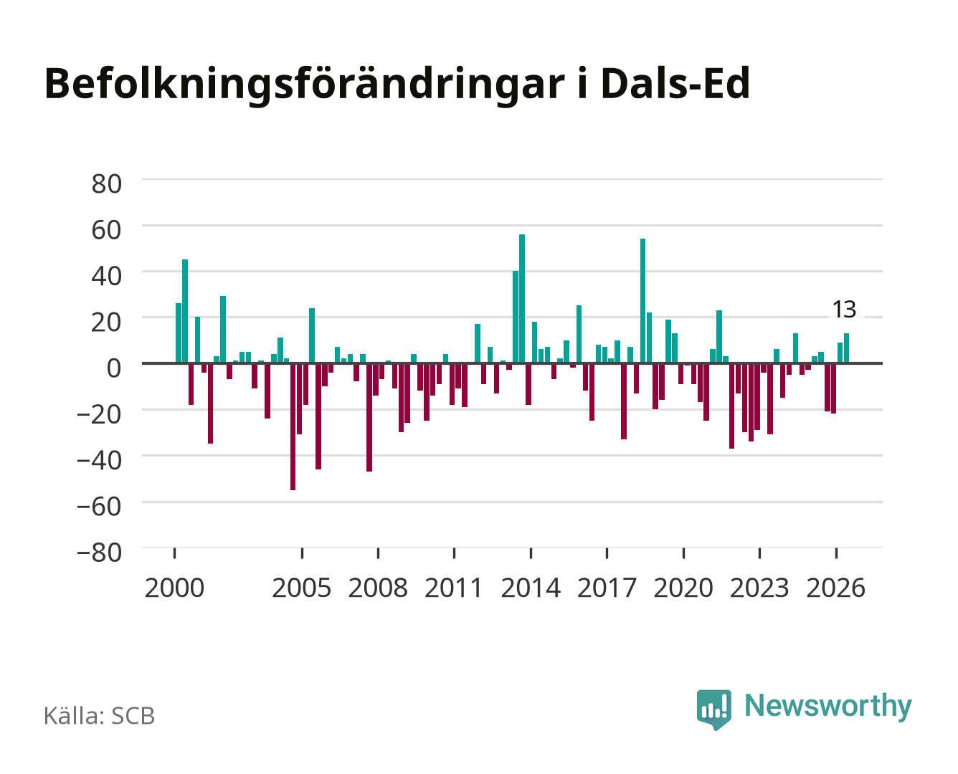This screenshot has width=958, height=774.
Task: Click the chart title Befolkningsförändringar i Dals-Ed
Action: tap(397, 84)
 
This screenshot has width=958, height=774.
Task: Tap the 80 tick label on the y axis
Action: tap(107, 184)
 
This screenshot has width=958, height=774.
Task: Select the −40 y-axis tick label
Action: tap(100, 460)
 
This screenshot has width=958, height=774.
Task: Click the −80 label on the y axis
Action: tap(100, 553)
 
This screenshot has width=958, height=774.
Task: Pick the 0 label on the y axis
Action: tap(114, 368)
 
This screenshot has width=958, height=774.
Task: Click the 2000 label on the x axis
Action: tap(174, 588)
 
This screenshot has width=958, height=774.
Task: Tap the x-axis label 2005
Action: tap(302, 588)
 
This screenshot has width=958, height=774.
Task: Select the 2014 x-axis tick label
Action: tap(531, 588)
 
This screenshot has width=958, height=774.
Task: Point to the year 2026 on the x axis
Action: tap(835, 588)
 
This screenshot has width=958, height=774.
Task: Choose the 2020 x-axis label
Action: tap(683, 588)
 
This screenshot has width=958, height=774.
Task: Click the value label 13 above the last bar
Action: tap(844, 309)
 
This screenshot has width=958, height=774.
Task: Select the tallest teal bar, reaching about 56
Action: tap(522, 298)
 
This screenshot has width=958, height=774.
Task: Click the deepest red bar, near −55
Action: tap(293, 426)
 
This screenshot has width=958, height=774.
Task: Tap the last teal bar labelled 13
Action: tap(846, 348)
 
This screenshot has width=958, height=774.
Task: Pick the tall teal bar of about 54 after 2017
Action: tap(642, 301)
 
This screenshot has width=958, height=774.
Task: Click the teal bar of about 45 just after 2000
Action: tap(185, 311)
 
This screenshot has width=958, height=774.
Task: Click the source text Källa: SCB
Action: tap(100, 715)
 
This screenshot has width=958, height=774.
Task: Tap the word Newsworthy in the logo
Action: tap(828, 706)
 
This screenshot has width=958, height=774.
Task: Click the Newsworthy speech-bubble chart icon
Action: tap(713, 709)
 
